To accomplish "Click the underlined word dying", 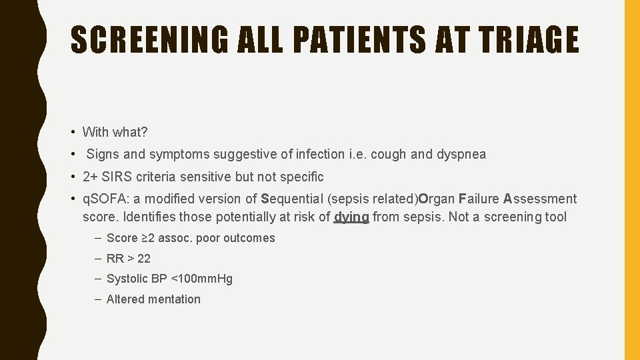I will pyautogui.click(x=351, y=216).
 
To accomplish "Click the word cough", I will pyautogui.click(x=388, y=154).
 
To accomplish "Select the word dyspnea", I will pyautogui.click(x=461, y=154).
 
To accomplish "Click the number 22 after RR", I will pyautogui.click(x=144, y=259).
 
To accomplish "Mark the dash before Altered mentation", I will pyautogui.click(x=98, y=299).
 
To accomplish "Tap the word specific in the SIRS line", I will pyautogui.click(x=301, y=177).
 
